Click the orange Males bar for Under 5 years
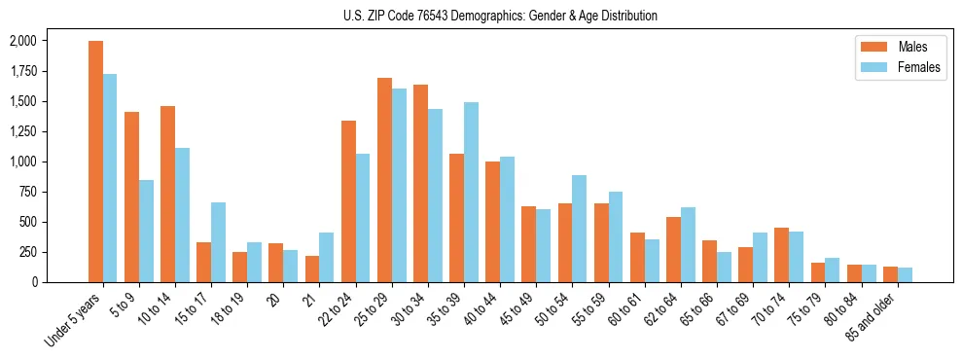pos(95,162)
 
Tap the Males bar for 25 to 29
pos(384,180)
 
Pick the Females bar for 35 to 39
pos(471,192)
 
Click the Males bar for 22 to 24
pos(348,201)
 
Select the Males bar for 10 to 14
pos(167,194)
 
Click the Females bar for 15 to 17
pos(218,242)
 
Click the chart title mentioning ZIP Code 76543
pos(500,16)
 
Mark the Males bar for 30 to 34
pos(420,183)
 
